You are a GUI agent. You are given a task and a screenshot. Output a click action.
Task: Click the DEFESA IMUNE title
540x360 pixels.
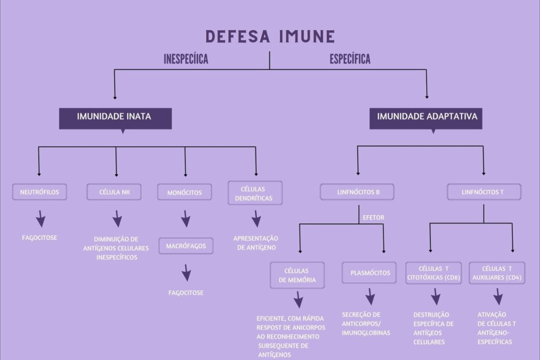click(270, 37)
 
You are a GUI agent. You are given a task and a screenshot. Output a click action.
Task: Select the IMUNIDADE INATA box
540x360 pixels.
click(114, 117)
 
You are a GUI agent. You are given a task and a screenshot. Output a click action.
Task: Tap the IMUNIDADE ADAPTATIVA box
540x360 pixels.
click(427, 117)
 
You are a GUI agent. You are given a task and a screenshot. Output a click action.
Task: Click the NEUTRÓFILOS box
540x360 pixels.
click(39, 192)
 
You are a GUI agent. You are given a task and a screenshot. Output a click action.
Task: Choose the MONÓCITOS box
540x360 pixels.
click(184, 192)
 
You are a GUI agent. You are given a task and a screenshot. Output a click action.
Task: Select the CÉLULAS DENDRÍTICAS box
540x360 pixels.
click(255, 193)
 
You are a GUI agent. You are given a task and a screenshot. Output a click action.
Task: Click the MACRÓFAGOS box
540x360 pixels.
click(186, 246)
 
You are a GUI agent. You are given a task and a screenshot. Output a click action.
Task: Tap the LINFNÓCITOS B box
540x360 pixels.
click(357, 192)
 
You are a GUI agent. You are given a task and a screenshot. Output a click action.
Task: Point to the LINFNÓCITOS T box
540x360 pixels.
click(483, 192)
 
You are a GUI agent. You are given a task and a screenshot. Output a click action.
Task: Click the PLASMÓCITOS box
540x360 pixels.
click(369, 272)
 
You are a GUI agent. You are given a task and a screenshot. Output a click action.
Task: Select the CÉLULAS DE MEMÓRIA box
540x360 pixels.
click(297, 275)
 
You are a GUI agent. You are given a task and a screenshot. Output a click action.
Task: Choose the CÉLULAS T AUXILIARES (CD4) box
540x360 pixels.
click(496, 273)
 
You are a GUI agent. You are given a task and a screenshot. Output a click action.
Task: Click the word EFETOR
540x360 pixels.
click(373, 218)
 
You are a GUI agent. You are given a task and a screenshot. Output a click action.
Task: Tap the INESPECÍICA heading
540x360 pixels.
click(185, 59)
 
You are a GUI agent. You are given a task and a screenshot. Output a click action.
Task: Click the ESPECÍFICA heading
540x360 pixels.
click(350, 59)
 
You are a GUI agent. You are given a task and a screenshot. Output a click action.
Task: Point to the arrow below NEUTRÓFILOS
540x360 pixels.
click(40, 219)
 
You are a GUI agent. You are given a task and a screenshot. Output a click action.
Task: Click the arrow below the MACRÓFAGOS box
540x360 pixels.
click(186, 272)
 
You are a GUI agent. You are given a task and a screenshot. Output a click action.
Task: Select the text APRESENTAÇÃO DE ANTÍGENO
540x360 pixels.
click(255, 243)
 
